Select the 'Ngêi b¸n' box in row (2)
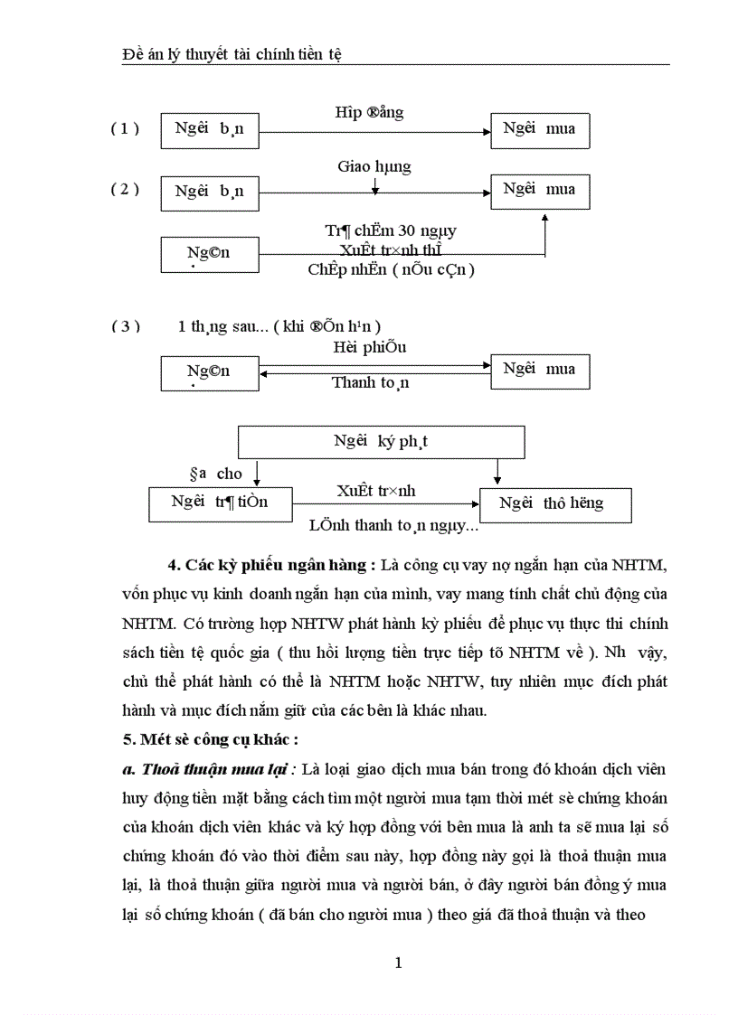click(208, 192)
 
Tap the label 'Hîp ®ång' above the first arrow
click(369, 112)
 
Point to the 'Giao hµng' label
click(374, 166)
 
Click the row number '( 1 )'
click(126, 128)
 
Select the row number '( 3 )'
click(126, 326)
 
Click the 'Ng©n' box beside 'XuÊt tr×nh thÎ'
click(208, 254)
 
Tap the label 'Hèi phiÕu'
click(371, 347)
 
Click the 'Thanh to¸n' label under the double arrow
click(370, 382)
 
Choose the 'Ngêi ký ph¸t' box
click(381, 442)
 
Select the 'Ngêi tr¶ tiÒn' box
click(220, 503)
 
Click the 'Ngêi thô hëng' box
click(554, 504)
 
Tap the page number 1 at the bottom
click(399, 963)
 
